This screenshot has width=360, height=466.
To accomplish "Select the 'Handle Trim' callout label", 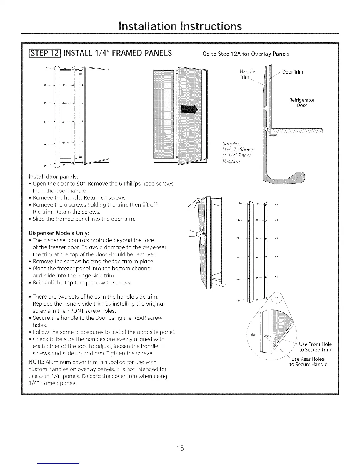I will pos(247,74).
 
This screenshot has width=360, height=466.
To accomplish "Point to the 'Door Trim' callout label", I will pos(292,72).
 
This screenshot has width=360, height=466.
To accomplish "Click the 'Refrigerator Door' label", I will pos(302,103).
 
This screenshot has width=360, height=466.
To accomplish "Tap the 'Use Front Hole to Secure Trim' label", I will pos(315,347).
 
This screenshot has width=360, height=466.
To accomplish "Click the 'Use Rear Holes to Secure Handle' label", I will pos(308,362).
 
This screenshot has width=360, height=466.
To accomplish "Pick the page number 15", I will pos(180,448).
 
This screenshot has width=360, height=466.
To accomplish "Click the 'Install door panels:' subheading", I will pos(53,177).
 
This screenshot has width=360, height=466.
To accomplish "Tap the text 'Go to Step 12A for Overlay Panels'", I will pos(246,54).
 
